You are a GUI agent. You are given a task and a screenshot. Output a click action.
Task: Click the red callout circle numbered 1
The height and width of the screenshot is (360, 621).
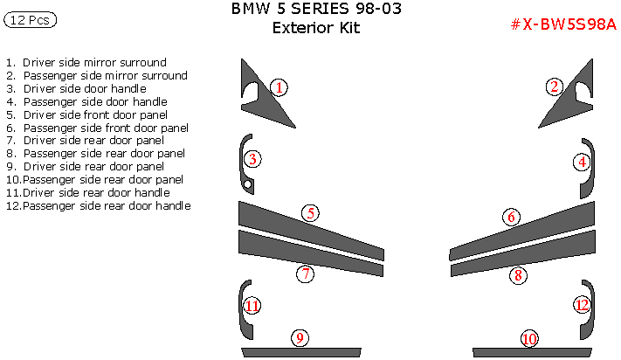coord(279,87)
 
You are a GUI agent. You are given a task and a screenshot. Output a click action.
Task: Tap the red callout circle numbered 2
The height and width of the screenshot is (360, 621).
coord(554,87)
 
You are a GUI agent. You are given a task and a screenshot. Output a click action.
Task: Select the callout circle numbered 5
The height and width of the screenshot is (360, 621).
coord(310,213)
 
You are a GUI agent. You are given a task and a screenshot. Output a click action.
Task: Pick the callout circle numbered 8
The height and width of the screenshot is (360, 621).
coord(518,276)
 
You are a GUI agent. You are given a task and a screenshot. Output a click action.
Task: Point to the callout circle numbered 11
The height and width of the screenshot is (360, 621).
coord(252,306)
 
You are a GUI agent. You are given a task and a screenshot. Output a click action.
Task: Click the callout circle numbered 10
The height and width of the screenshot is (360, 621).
coord(528,339)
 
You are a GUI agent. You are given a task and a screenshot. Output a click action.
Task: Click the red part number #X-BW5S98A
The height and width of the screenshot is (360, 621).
coord(562,24)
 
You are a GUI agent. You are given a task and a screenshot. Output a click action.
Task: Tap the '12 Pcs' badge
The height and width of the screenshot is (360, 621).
coord(31,21)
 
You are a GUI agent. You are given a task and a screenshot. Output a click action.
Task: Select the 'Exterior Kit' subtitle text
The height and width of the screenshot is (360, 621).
coord(316,28)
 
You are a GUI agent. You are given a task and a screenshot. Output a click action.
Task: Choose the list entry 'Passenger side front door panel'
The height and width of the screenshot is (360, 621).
coord(104,128)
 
